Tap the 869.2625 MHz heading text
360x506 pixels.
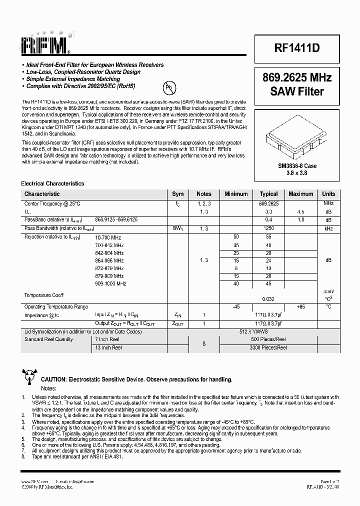point(296,77)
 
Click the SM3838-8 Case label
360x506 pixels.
point(296,165)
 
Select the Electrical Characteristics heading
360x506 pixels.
point(52,183)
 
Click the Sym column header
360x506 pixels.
point(178,194)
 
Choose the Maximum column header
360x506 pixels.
point(301,194)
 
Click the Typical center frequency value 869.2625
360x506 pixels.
point(269,203)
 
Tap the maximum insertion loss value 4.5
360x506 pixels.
point(301,211)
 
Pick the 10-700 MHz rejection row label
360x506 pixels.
point(108,237)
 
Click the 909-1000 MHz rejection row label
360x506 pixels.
point(110,283)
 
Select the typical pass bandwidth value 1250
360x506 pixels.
point(269,228)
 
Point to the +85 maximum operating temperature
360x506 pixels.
point(301,306)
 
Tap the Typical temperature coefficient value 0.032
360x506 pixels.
point(269,298)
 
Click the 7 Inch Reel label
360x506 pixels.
point(108,339)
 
